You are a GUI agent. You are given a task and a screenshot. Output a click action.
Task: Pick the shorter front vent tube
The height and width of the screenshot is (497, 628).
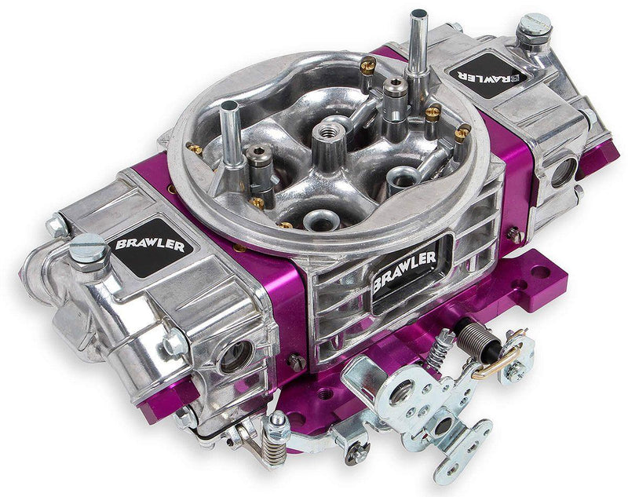pyautogui.click(x=231, y=126)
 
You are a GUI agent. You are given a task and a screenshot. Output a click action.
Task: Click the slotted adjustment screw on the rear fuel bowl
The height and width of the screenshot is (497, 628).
pyautogui.click(x=535, y=25)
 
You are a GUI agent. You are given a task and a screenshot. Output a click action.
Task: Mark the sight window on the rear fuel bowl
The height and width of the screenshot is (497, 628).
pyautogui.click(x=564, y=171)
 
